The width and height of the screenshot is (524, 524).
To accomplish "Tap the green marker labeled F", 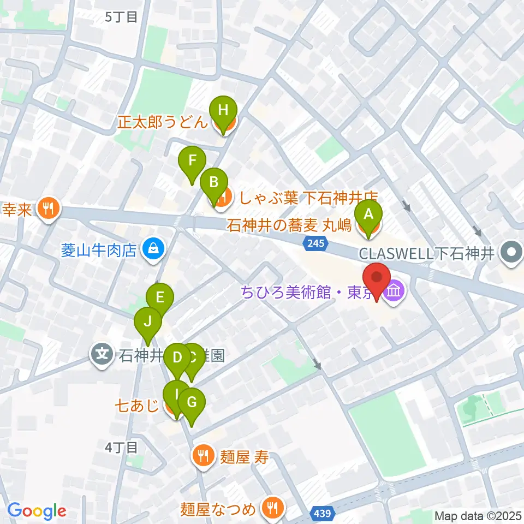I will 192,162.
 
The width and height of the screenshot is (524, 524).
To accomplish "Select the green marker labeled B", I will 214,182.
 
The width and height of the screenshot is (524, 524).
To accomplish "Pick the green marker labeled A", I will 368,214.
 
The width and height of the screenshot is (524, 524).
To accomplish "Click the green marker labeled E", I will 160,298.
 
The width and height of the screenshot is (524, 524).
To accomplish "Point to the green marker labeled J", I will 147,321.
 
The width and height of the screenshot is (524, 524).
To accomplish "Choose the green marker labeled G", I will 191,403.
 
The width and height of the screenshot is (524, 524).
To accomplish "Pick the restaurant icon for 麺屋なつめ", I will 271,508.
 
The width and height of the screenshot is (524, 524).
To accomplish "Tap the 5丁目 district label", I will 121,17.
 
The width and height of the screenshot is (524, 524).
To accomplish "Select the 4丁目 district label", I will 121,448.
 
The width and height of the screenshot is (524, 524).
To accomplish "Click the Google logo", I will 37,511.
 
